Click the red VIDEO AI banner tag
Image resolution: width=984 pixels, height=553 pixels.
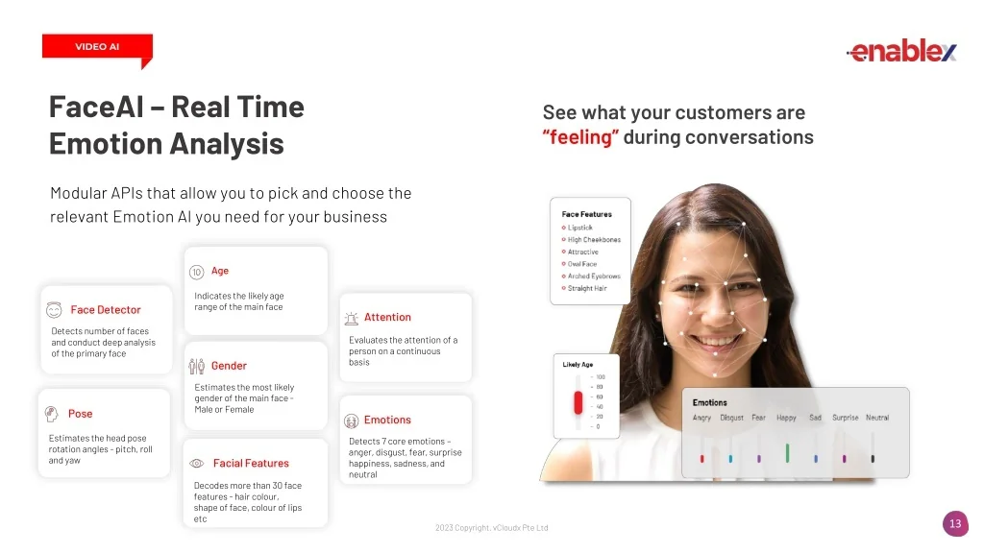point(97,46)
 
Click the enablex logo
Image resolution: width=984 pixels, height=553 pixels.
point(901,51)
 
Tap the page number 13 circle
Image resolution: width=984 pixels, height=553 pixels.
point(955,523)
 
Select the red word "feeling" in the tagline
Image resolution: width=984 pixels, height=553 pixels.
point(580,137)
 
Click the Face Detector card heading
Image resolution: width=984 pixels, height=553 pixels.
point(106,310)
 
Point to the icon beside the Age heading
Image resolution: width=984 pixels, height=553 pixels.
point(196,272)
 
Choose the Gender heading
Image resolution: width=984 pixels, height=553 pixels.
point(229,366)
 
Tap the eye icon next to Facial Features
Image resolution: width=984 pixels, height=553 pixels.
point(196,464)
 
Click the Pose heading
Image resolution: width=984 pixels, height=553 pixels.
point(81,414)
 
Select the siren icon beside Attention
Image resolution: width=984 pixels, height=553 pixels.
point(352,319)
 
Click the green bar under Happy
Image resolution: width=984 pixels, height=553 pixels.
point(787,453)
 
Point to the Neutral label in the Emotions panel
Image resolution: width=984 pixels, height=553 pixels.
point(877,418)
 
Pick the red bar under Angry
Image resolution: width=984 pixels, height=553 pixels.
point(702,458)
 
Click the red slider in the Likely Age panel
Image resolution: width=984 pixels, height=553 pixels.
point(578,402)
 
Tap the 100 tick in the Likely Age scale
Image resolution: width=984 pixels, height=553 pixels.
point(601,376)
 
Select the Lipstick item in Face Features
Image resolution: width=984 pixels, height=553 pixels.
point(579,228)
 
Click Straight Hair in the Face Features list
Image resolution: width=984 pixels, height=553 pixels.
point(587,288)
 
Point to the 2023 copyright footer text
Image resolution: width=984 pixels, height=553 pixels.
point(491,528)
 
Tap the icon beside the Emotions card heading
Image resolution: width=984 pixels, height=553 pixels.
point(352,421)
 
